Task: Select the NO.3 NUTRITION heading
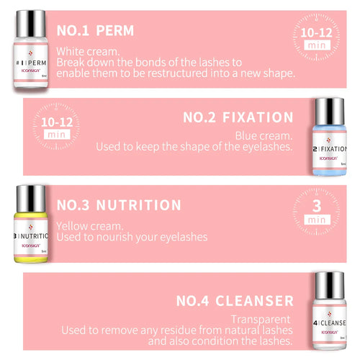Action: [119, 205]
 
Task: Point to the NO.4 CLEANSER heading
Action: [235, 300]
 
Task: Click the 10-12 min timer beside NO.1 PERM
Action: [316, 37]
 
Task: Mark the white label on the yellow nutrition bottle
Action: [30, 238]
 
